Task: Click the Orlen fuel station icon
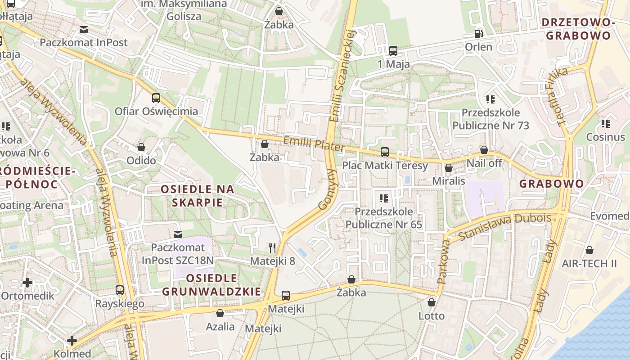(478, 33)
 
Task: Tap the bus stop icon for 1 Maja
(393, 50)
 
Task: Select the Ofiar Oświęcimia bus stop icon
(156, 98)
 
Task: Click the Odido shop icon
(141, 147)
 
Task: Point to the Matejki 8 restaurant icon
(272, 247)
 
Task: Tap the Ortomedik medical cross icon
(27, 283)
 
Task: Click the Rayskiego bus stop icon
(120, 290)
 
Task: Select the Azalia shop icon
(220, 313)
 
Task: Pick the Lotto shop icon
(432, 302)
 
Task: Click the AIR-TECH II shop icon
(589, 250)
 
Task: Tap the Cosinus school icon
(605, 123)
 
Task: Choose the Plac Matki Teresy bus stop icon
(385, 152)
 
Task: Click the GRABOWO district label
(551, 184)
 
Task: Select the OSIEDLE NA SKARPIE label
(198, 196)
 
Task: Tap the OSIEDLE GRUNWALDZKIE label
(211, 285)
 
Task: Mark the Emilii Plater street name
(314, 144)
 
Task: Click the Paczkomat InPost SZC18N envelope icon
(178, 234)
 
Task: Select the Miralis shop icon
(448, 168)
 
